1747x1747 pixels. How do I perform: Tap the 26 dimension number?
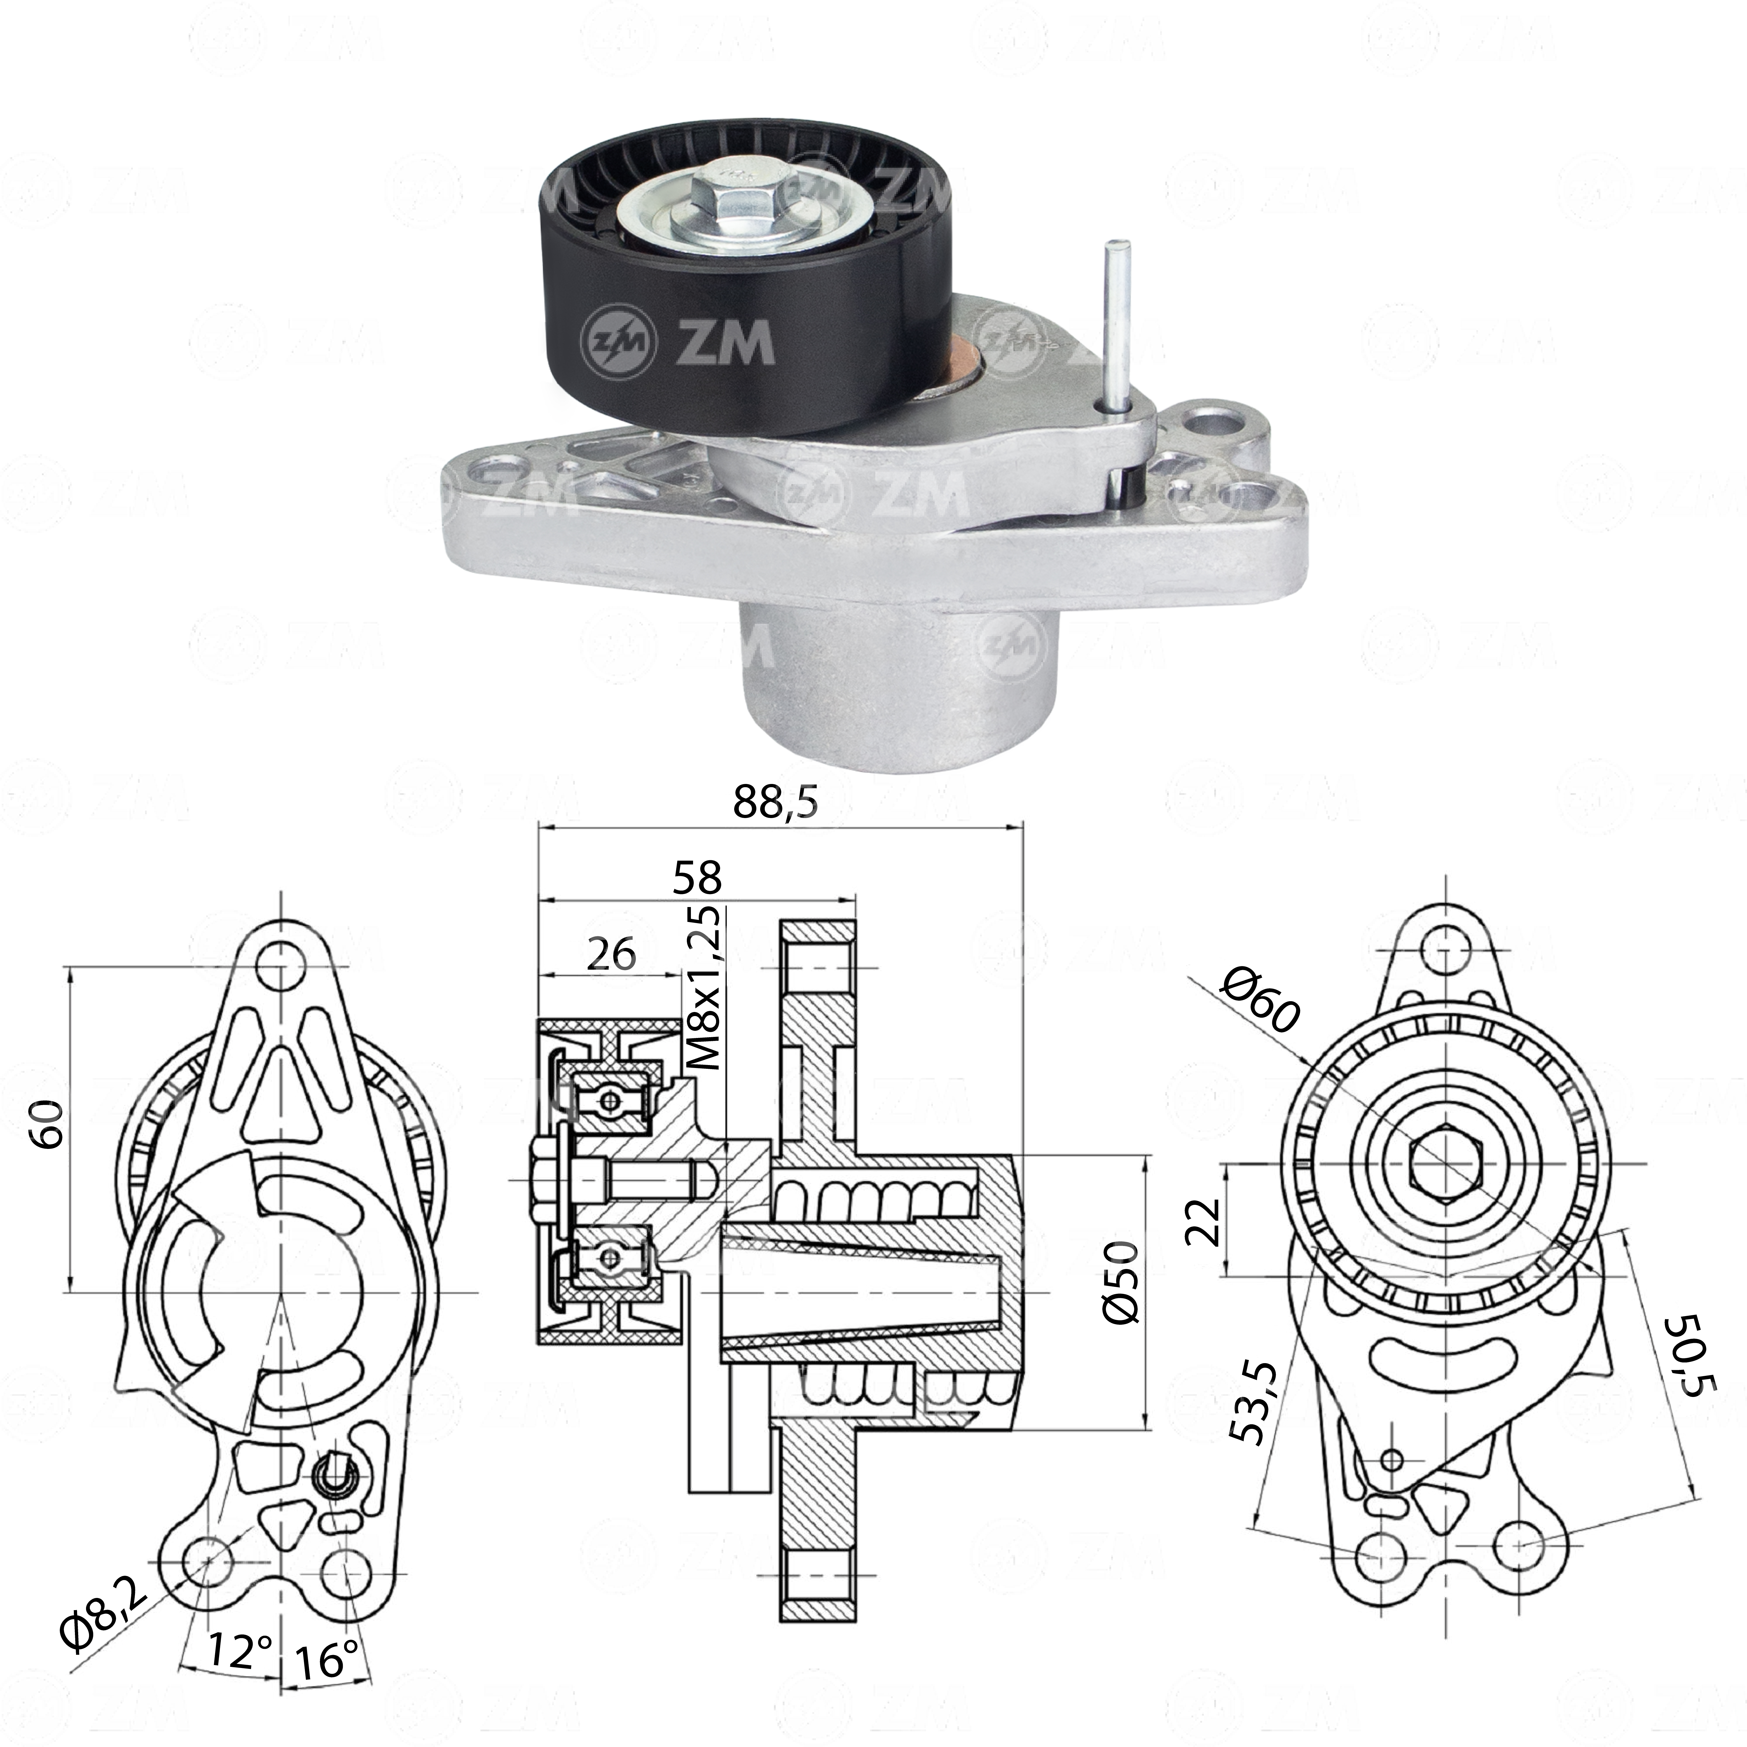611,954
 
